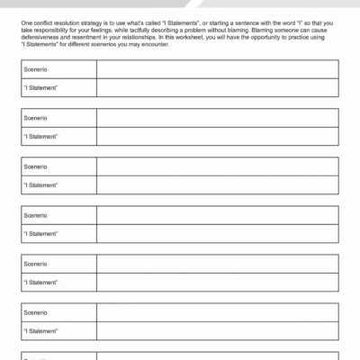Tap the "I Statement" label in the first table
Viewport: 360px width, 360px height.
[40, 87]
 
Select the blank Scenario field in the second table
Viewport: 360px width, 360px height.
[217, 118]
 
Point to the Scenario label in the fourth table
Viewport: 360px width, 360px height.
[35, 216]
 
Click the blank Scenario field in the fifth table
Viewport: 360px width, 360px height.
[217, 264]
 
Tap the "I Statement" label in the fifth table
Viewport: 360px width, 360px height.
[40, 282]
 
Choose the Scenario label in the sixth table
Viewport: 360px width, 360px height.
[35, 312]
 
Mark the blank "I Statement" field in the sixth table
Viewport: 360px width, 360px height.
[217, 330]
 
